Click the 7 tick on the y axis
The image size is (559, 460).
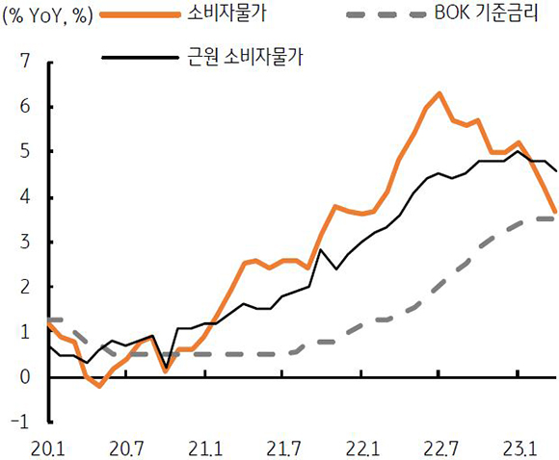click(24, 63)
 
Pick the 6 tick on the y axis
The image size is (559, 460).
click(24, 107)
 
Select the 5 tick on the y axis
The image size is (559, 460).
click(24, 152)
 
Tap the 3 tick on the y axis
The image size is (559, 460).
click(24, 242)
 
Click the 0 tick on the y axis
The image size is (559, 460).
click(24, 376)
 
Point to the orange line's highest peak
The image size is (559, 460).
click(439, 93)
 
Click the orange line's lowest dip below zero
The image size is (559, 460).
click(99, 386)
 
